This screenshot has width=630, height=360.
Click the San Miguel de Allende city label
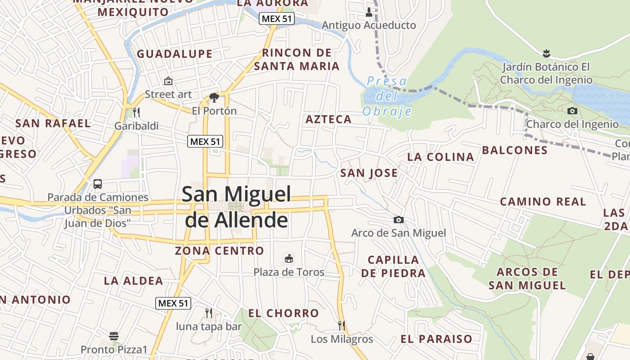tap(236, 207)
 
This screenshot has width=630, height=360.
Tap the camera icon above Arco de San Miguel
tap(398, 220)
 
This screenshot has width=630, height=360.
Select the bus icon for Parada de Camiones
tap(98, 184)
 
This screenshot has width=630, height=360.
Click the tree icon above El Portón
tap(214, 97)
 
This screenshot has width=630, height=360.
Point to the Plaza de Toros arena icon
tap(288, 258)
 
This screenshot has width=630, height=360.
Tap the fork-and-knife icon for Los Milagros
tap(342, 325)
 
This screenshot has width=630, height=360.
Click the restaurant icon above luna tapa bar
tap(208, 313)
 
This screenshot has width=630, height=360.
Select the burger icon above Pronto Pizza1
tap(114, 336)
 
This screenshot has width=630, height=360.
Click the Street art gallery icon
tap(168, 81)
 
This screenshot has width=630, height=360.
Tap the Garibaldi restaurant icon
tap(136, 112)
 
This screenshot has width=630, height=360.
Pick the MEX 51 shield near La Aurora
tap(276, 19)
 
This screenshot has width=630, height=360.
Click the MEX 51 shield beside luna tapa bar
tap(173, 303)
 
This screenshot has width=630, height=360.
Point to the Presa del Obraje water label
tap(387, 96)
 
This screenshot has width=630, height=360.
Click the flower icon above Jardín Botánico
tap(546, 53)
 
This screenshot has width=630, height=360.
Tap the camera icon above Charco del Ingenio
tap(572, 111)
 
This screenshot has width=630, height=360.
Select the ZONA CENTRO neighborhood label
tap(219, 251)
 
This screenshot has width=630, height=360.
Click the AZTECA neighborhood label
tap(328, 119)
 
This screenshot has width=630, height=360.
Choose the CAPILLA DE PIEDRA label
tap(393, 266)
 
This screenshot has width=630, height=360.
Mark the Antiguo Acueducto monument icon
tap(369, 12)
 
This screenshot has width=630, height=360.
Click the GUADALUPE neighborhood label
tap(175, 54)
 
